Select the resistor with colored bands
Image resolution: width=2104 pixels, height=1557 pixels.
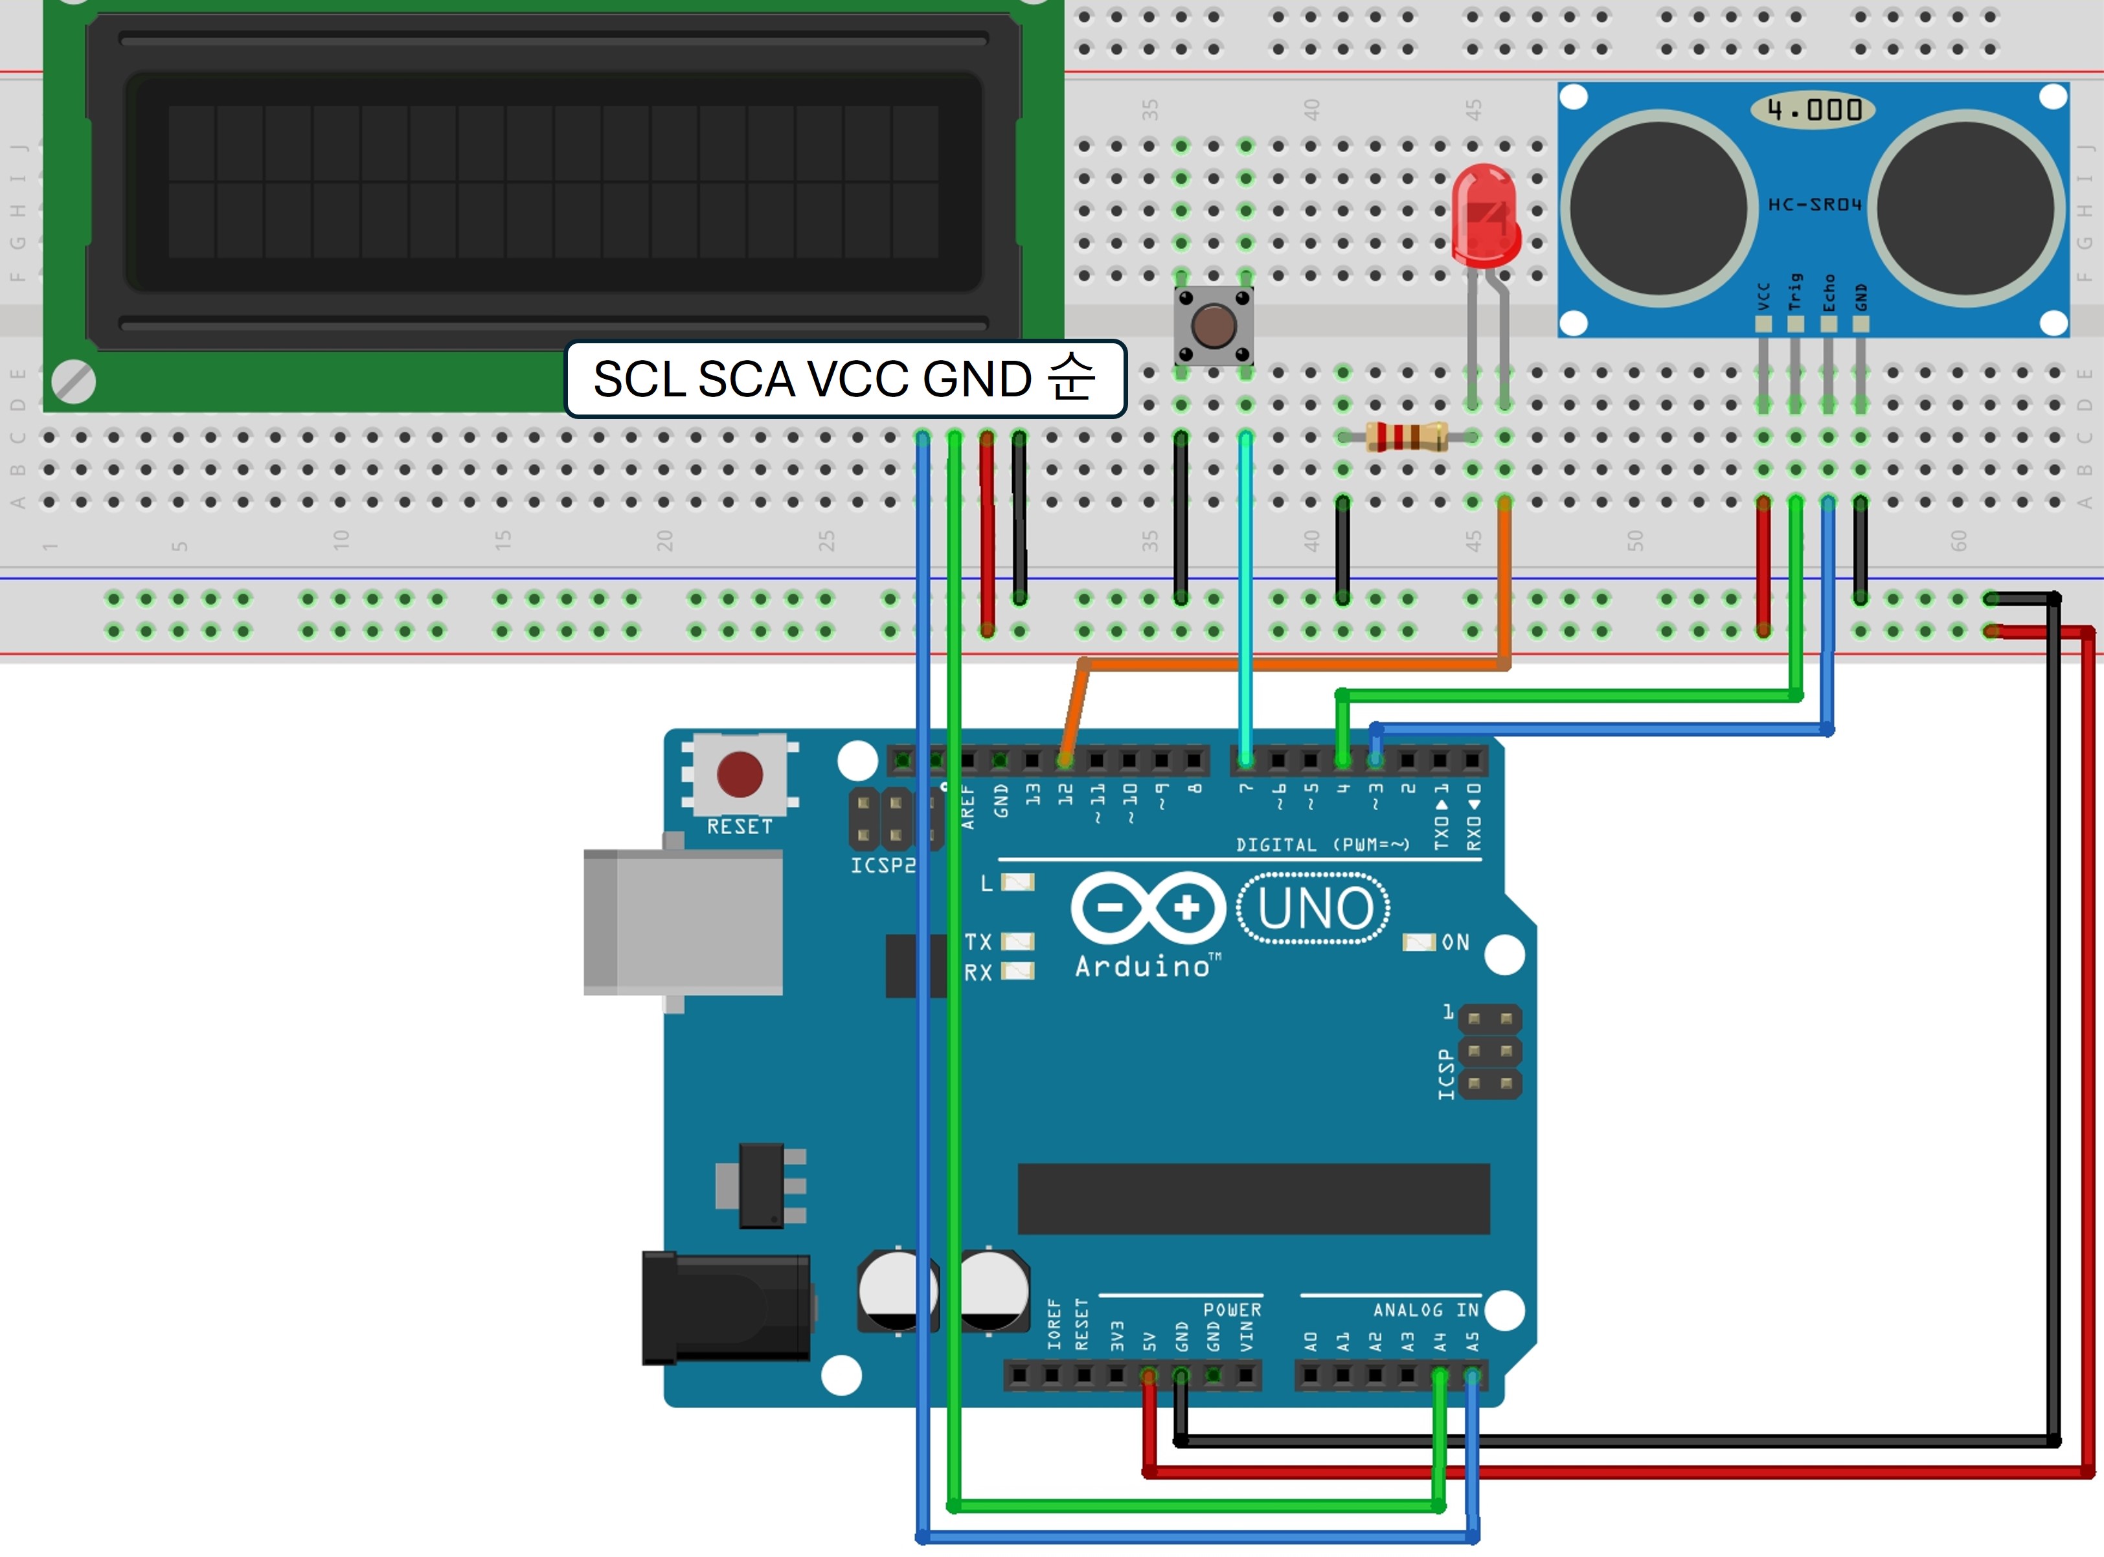click(1406, 437)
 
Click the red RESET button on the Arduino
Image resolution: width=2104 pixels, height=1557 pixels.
click(740, 775)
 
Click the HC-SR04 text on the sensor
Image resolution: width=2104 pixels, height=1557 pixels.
click(1814, 205)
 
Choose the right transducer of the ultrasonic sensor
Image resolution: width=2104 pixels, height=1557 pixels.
click(1967, 209)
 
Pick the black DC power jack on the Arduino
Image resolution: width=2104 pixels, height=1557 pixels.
click(725, 1308)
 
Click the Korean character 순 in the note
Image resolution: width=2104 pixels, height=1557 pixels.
click(1072, 379)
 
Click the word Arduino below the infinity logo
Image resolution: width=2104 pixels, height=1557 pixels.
click(1142, 967)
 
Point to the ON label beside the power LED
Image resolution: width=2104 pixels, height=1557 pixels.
click(1455, 942)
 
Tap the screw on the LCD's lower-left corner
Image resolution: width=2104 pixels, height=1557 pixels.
click(73, 381)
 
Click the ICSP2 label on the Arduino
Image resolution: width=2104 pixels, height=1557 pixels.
click(882, 865)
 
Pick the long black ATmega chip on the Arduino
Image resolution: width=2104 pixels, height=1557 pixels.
click(1253, 1199)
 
